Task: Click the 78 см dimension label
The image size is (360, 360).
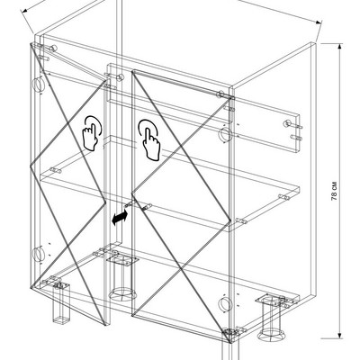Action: [x=335, y=191]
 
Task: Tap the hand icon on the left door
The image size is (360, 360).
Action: [x=92, y=133]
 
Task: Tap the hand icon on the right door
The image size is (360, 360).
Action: [x=149, y=139]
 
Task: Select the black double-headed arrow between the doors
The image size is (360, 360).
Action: [x=120, y=218]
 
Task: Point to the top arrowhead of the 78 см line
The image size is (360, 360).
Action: [x=339, y=47]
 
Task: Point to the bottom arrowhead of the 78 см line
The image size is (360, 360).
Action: [x=339, y=335]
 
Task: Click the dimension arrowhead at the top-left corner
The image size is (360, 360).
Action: [x=24, y=11]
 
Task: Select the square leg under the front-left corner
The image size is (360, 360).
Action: [x=61, y=303]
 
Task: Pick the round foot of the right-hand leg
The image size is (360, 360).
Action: [x=270, y=336]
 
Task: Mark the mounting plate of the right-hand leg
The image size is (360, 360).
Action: [x=271, y=300]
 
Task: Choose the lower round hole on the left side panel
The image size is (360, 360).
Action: [x=38, y=254]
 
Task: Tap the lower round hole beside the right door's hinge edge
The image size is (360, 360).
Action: [x=224, y=304]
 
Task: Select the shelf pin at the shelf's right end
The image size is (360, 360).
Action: [x=283, y=197]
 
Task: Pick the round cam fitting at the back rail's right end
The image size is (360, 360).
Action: [x=287, y=123]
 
